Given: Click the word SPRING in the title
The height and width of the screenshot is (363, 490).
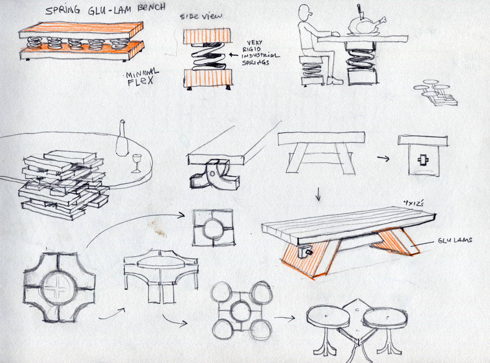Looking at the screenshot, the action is [62, 10].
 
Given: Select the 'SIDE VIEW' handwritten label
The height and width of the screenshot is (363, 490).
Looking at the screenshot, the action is [201, 16].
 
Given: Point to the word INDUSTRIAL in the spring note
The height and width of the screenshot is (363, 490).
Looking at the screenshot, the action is [261, 56].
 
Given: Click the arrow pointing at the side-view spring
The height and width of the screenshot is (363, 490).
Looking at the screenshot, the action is [234, 55].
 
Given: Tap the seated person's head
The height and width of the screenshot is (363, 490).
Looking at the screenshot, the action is [305, 13].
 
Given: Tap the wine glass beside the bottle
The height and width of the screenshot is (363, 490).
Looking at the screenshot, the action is [136, 163].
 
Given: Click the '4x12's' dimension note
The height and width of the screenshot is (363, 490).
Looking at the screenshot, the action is [413, 203].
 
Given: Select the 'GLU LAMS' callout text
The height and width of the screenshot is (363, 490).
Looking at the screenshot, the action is [455, 240].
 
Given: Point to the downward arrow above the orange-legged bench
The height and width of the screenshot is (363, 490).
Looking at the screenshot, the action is [318, 194].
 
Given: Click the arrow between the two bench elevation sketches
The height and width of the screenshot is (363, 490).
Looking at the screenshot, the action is [383, 158].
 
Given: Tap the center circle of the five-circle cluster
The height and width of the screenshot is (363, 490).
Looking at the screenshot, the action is [241, 310].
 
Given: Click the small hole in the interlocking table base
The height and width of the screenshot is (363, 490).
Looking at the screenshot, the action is [212, 174].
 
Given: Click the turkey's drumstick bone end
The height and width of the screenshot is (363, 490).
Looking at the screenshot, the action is [384, 20].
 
